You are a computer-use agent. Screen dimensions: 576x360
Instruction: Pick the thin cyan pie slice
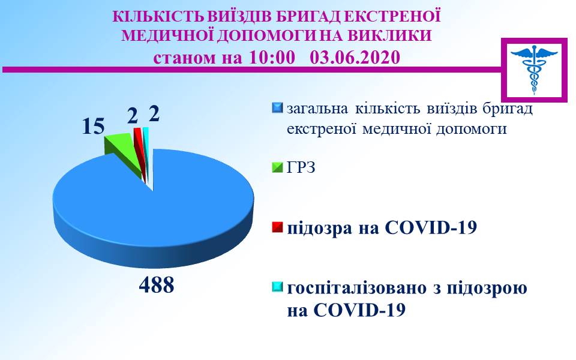point(146,147)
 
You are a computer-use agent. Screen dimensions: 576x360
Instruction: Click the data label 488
point(157,284)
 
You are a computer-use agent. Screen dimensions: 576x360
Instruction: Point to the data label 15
point(94,126)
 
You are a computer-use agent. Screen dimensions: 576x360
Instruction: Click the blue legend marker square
point(277,108)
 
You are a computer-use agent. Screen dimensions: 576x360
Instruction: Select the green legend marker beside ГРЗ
point(277,167)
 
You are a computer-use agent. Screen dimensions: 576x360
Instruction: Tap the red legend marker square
point(277,227)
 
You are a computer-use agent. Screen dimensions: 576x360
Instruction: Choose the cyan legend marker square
point(277,287)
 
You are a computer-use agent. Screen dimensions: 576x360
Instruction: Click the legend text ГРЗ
point(301,168)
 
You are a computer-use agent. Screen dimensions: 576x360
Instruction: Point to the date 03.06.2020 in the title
point(355,58)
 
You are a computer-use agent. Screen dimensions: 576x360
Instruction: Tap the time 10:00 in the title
point(272,58)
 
